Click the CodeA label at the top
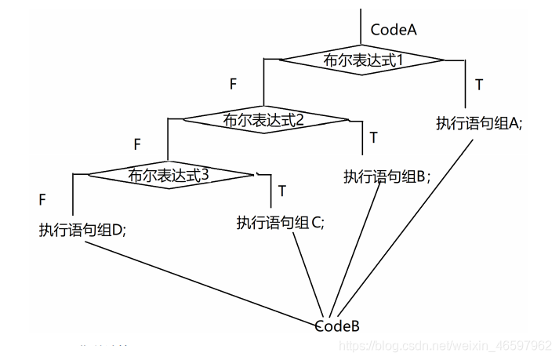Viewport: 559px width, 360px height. pos(394,31)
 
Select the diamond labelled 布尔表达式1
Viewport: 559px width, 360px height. pos(362,60)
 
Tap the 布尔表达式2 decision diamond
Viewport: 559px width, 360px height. pos(264,120)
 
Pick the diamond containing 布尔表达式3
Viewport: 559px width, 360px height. pos(169,175)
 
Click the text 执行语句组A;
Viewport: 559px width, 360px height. pos(479,123)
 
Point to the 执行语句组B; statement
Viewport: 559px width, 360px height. pos(387,176)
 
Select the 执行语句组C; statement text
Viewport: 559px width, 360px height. pos(280,222)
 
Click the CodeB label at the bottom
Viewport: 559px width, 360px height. pos(337,325)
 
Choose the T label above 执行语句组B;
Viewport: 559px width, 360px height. pos(373,138)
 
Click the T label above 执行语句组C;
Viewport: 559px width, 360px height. pos(281,191)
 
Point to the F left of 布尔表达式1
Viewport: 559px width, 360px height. pos(233,82)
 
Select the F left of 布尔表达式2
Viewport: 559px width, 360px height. pos(137,144)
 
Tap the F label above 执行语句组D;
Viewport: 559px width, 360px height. pos(42,200)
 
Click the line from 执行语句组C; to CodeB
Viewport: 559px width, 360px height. pos(310,275)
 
